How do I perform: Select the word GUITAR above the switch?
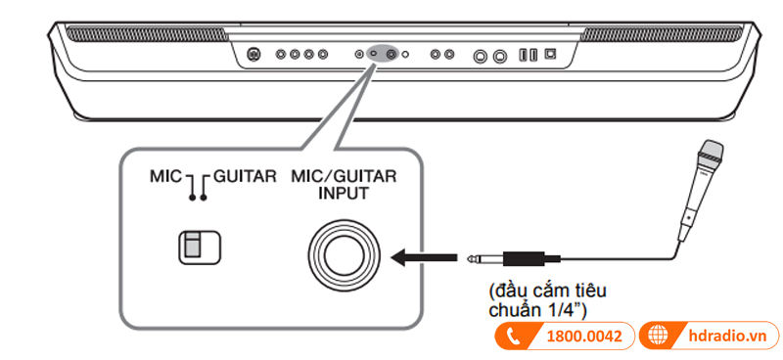point(245,179)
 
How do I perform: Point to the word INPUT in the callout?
point(341,194)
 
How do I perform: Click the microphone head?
point(711,152)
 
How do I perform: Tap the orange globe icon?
point(660,336)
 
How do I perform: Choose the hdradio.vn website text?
point(728,336)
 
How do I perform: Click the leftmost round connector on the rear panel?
point(253,55)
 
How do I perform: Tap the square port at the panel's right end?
point(550,55)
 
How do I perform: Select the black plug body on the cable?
point(529,258)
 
